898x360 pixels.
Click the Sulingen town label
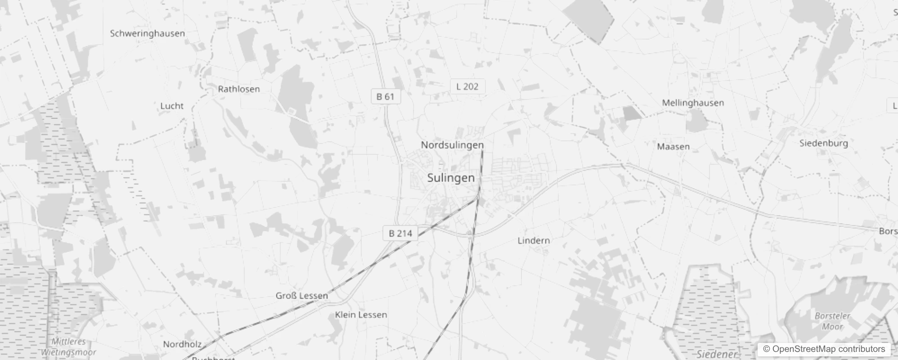tap(451, 178)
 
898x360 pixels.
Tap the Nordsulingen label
tap(452, 145)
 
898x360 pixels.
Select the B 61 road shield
tap(385, 96)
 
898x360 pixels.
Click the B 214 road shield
tap(400, 233)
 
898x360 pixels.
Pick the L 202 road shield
tap(467, 86)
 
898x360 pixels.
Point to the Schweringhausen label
tap(147, 33)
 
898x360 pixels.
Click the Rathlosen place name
tap(238, 89)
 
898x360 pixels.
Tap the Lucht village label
tap(172, 106)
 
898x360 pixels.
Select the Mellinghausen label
tap(692, 103)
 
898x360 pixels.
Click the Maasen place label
tap(673, 147)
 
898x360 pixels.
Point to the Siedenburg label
tap(823, 143)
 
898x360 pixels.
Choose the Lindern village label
tap(533, 240)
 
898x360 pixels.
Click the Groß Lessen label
tap(301, 296)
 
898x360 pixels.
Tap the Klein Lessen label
tap(361, 315)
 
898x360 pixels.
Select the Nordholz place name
tap(182, 344)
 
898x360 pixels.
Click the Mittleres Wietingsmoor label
tap(68, 347)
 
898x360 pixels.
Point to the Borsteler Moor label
tap(832, 321)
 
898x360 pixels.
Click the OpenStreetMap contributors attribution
tap(823, 349)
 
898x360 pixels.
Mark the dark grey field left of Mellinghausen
tap(632, 113)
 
